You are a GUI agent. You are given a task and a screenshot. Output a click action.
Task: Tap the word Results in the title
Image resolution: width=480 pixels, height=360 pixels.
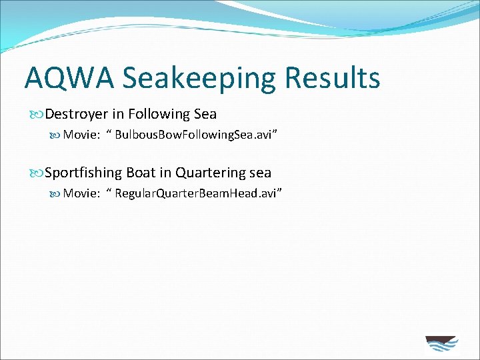click(332, 77)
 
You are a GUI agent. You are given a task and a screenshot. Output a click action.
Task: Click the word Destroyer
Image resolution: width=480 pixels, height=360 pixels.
click(77, 114)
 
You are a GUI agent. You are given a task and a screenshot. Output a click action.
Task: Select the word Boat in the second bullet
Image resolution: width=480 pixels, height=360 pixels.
click(141, 173)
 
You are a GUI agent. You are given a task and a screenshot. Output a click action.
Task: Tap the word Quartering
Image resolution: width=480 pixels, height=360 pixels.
click(209, 173)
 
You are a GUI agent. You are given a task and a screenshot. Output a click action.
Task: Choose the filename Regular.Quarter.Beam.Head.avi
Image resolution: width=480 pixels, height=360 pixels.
click(198, 193)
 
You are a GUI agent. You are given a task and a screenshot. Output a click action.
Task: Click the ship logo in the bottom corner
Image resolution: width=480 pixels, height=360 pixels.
click(441, 343)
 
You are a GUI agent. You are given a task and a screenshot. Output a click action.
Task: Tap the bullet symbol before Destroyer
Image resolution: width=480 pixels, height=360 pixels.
click(37, 115)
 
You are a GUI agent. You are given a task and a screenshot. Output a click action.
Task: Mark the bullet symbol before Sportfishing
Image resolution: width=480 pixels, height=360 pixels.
click(37, 173)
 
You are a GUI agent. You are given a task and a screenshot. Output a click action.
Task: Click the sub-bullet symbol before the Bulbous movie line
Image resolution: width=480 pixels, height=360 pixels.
click(55, 136)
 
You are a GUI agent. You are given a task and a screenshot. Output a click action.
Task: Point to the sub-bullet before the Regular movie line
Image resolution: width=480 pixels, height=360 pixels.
click(55, 194)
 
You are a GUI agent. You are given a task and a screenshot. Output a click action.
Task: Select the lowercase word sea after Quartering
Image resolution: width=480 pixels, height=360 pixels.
click(260, 173)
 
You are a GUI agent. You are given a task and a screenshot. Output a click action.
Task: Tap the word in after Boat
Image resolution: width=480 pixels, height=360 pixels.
click(165, 173)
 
